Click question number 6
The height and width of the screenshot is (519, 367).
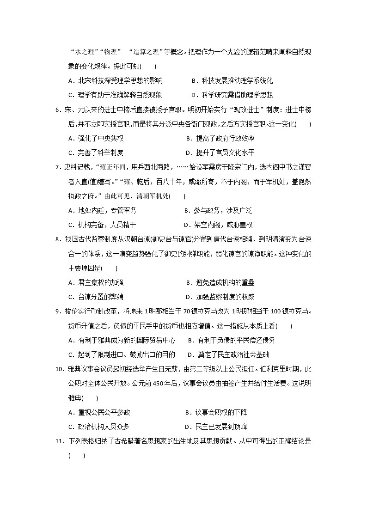(x=58, y=110)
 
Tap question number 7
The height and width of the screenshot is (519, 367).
(x=58, y=167)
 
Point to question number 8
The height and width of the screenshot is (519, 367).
(x=58, y=239)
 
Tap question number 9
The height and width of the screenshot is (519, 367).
(x=58, y=311)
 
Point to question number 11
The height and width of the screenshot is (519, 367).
(x=59, y=441)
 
